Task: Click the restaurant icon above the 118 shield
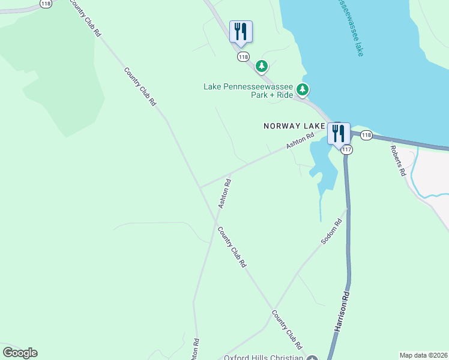click(241, 31)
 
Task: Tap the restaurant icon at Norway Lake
click(339, 133)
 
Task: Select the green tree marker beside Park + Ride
click(303, 90)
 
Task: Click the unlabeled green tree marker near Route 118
click(261, 65)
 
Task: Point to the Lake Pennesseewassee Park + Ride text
click(249, 91)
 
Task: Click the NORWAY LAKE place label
click(294, 126)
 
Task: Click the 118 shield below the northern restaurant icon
click(243, 57)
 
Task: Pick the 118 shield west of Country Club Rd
click(45, 4)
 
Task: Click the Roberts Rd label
click(398, 161)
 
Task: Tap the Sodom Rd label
click(331, 231)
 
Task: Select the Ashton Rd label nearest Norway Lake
click(300, 141)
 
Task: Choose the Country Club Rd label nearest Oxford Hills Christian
click(287, 329)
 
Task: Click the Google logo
click(20, 353)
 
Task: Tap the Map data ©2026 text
click(423, 355)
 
